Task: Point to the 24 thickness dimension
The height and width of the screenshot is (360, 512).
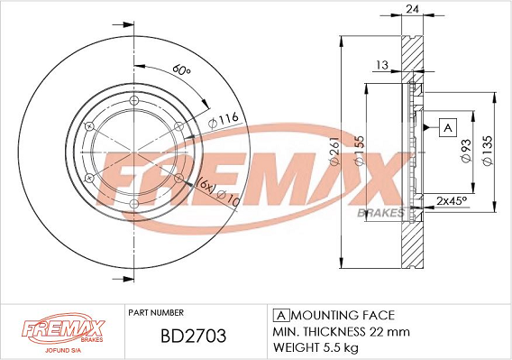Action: coord(413,11)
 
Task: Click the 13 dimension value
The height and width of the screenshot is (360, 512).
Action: coord(382,64)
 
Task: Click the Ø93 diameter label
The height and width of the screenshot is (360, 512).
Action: coord(465,150)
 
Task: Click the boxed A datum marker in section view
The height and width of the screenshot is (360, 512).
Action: coord(447,127)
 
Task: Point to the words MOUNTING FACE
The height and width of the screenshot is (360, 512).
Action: coord(343,315)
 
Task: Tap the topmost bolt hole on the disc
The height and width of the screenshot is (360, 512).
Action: coord(132,99)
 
